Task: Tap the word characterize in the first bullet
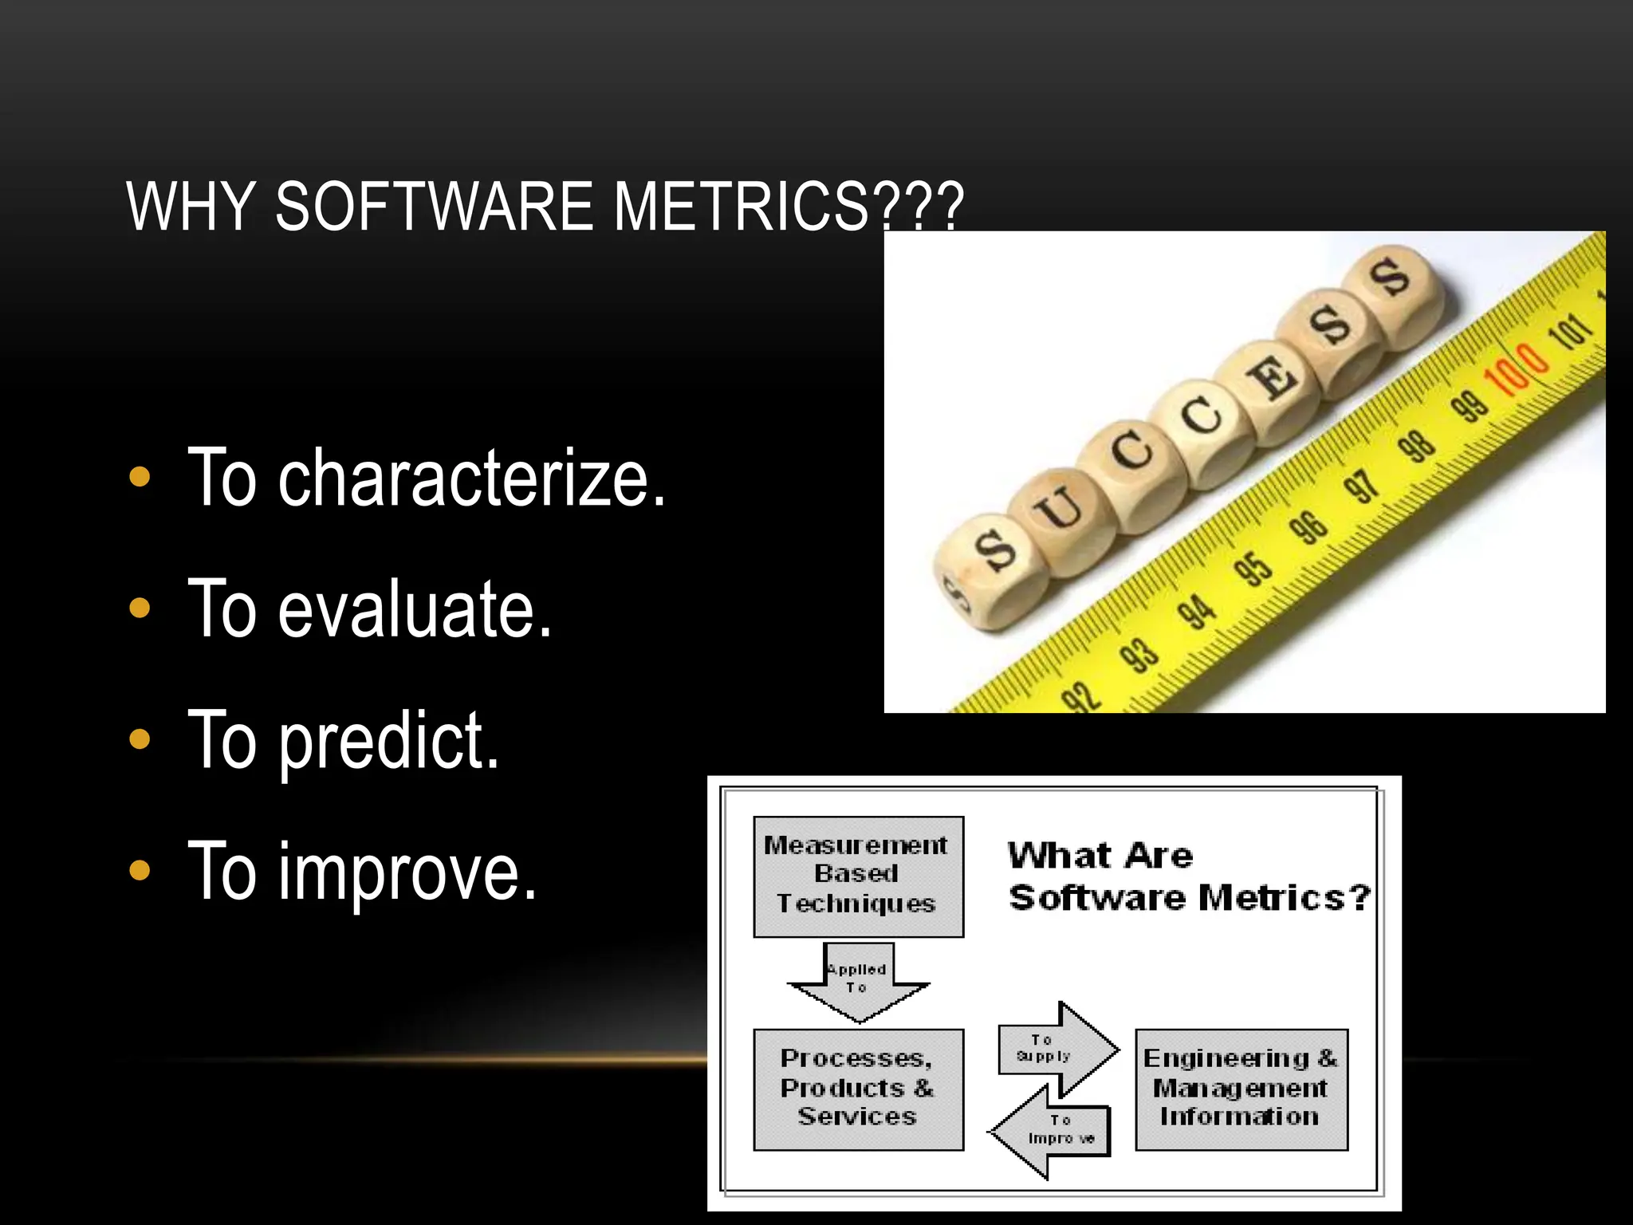point(470,479)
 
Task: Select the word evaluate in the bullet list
point(414,609)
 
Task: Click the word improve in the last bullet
point(407,872)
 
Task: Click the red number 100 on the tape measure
point(1519,368)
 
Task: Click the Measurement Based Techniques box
point(858,876)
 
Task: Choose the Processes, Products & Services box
point(858,1089)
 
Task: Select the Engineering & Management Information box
point(1241,1089)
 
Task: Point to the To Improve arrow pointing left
point(1053,1131)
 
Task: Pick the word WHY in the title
point(191,207)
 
